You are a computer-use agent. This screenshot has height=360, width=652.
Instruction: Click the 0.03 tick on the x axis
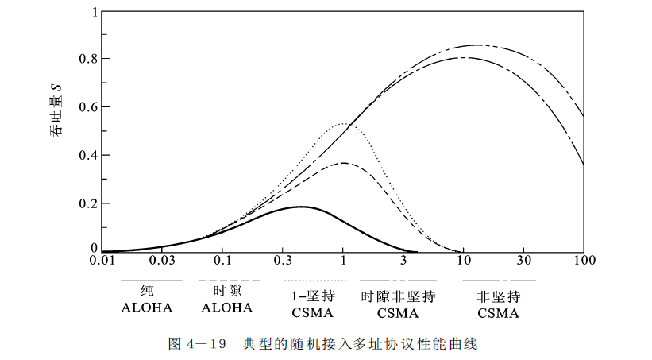click(x=161, y=261)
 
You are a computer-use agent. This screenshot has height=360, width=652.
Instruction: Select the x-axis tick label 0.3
click(x=282, y=261)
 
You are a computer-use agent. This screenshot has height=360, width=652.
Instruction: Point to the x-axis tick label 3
click(x=403, y=261)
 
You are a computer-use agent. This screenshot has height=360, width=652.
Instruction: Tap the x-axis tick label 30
click(x=524, y=261)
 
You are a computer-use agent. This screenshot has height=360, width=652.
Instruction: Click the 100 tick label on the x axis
click(x=584, y=261)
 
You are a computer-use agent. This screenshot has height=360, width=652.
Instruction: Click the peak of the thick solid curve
click(x=302, y=207)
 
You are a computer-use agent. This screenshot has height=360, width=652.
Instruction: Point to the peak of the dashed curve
click(x=343, y=163)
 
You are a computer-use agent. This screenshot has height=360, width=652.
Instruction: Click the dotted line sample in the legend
click(x=315, y=281)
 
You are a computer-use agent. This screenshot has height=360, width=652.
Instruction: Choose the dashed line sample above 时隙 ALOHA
click(x=230, y=281)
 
